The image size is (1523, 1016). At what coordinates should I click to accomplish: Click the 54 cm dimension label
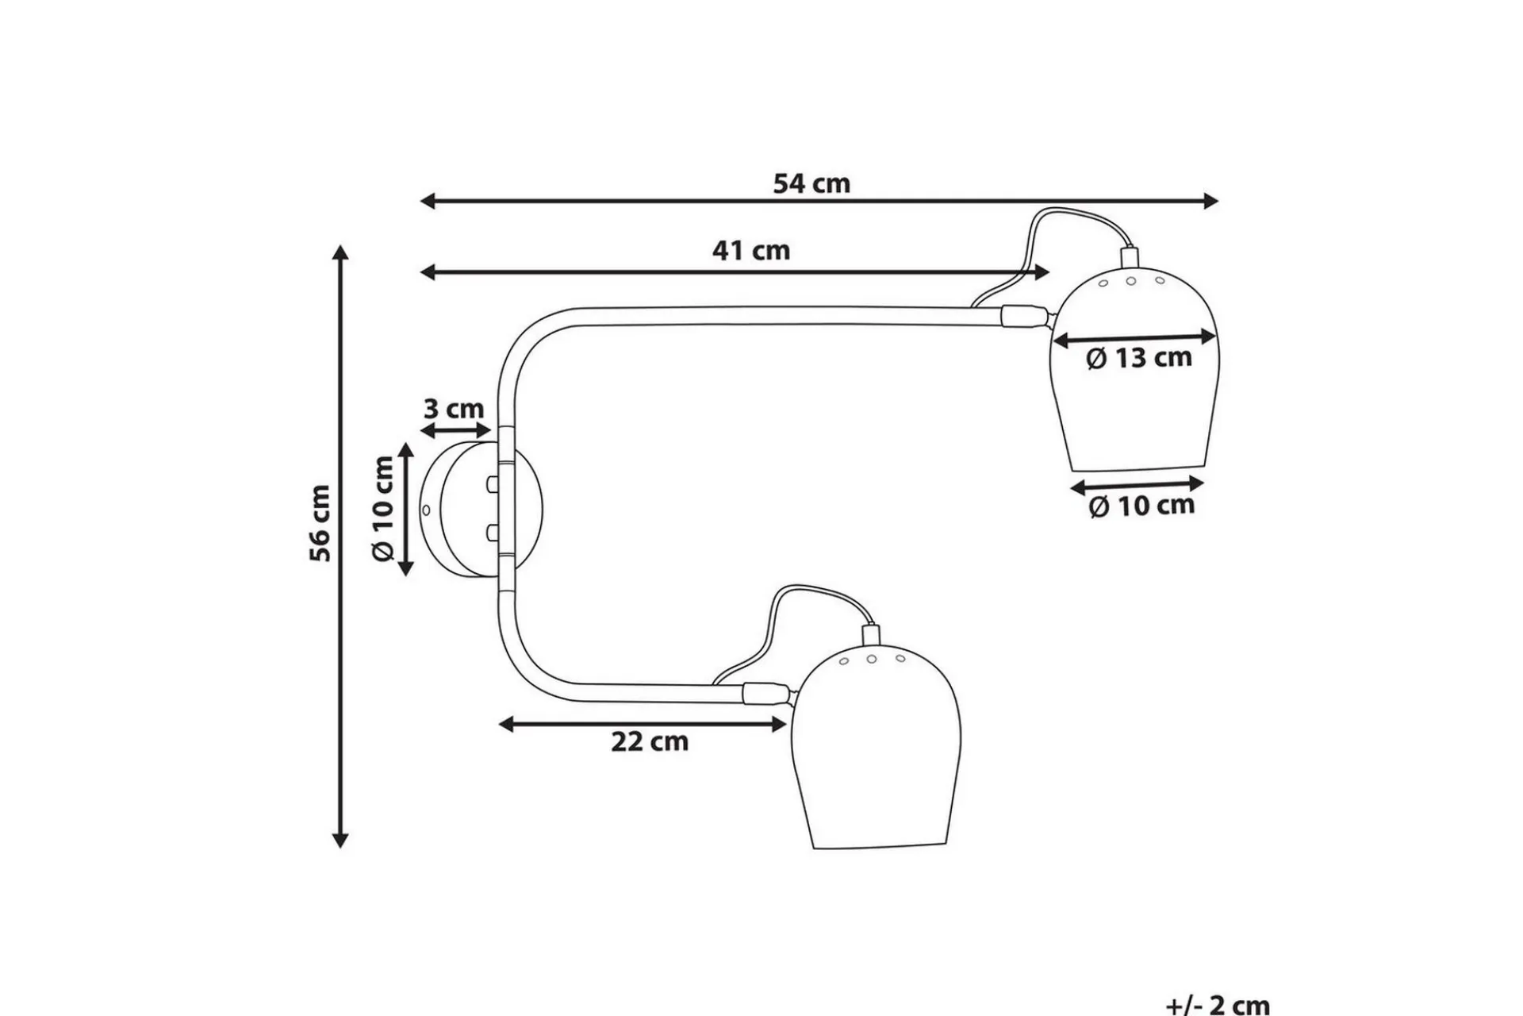811,183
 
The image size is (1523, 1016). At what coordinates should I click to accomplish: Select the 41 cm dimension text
751,251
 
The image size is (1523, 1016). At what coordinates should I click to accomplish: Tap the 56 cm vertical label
320,523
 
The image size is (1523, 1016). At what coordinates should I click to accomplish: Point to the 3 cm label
454,409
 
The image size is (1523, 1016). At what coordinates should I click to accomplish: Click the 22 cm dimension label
650,742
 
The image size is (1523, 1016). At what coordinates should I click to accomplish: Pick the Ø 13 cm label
1139,358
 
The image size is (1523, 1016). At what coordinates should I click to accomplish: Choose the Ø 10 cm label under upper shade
1141,506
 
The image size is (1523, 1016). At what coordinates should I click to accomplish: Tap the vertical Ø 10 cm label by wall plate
383,509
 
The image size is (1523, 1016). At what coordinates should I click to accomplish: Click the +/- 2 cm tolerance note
1218,1005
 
